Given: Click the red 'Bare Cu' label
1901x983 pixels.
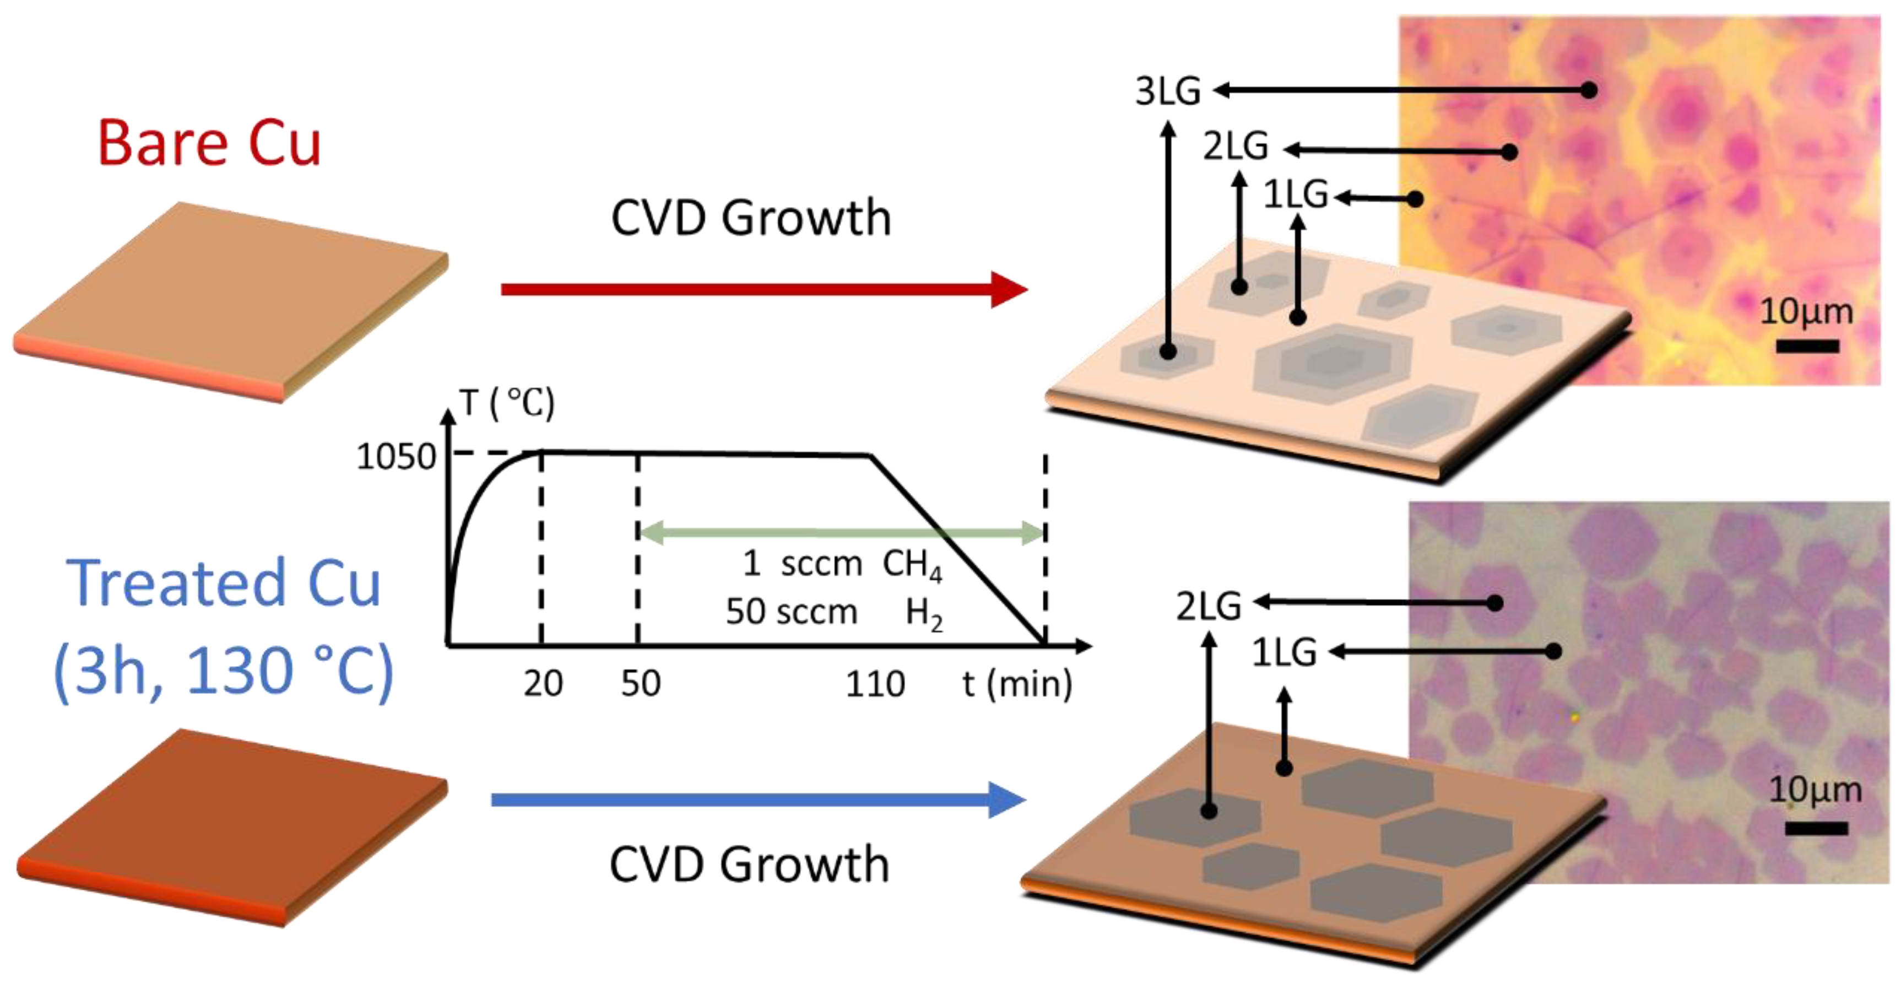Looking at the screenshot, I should [x=209, y=143].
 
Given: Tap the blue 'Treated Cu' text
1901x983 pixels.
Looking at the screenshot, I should [x=224, y=583].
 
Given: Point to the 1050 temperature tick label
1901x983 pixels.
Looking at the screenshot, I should [x=396, y=457].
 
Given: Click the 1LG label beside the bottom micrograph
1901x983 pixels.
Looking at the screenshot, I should [x=1284, y=653].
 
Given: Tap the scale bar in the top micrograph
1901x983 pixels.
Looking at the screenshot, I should [x=1807, y=346].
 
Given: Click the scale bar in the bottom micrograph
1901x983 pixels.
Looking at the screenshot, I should [x=1816, y=829].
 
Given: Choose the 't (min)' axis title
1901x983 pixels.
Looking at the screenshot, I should [x=1017, y=684].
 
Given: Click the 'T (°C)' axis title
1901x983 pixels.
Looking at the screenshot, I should [x=507, y=404].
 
